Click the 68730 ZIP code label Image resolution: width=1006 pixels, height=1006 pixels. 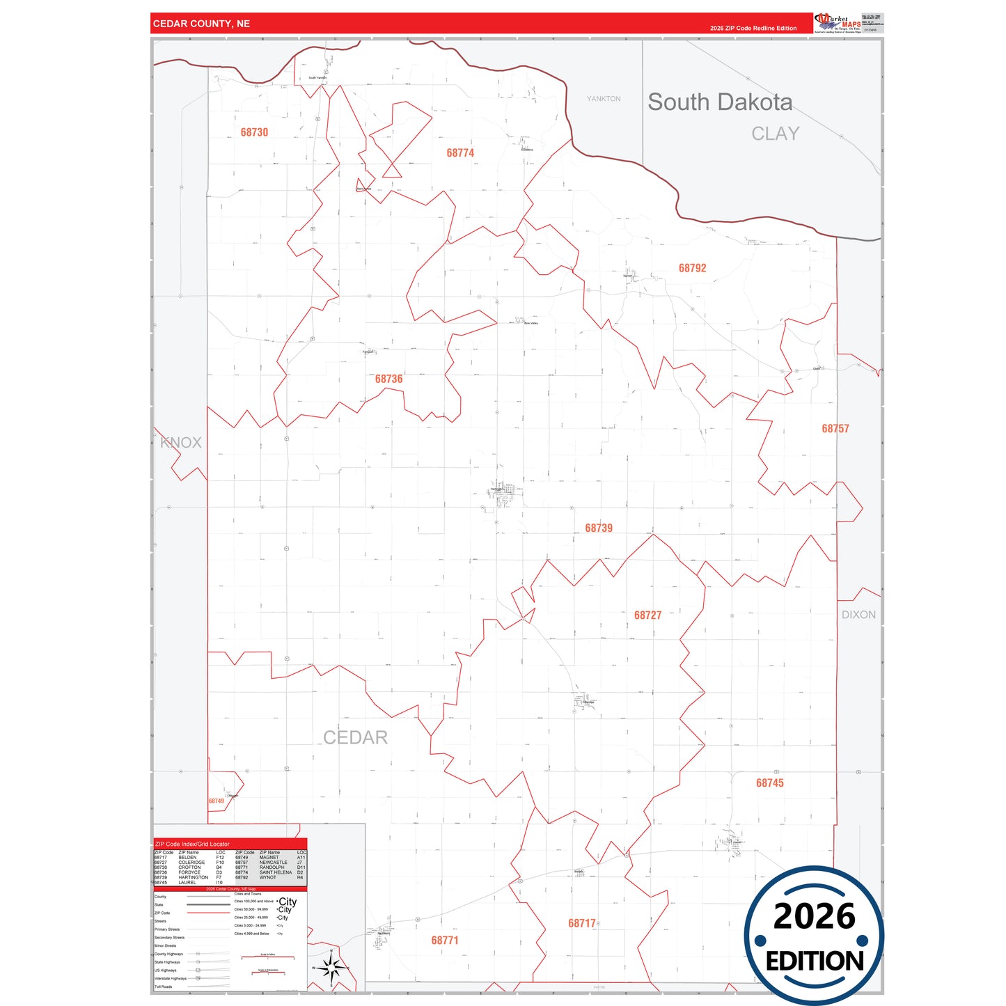coord(254,132)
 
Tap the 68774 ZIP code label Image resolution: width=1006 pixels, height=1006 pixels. coord(460,152)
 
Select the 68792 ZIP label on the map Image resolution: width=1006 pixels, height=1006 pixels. coord(692,268)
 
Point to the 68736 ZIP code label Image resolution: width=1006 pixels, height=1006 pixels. coord(388,379)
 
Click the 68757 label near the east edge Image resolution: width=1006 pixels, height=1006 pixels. coord(835,429)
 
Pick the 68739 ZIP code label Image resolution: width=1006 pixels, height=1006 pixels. coord(599,528)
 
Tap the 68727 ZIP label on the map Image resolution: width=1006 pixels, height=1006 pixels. coord(647,615)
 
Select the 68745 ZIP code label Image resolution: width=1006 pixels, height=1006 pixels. coord(769,783)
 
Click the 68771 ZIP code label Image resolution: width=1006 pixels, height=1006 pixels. coord(444,941)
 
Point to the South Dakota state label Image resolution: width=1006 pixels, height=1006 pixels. coord(720,102)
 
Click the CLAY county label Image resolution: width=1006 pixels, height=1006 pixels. coord(775,134)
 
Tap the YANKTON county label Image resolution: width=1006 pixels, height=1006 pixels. coord(604,99)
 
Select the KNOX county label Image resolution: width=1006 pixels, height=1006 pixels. coord(181,443)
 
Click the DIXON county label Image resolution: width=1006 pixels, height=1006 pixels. coord(858,615)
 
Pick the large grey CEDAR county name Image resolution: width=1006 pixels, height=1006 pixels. coord(355,737)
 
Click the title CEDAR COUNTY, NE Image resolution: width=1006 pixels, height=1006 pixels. coord(201,24)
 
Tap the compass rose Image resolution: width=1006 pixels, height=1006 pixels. coord(332,967)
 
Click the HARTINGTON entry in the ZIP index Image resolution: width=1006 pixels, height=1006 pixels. coord(193,877)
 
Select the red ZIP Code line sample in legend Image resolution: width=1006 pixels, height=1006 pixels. coord(208,913)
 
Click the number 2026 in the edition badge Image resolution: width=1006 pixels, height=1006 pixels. coord(814,916)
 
